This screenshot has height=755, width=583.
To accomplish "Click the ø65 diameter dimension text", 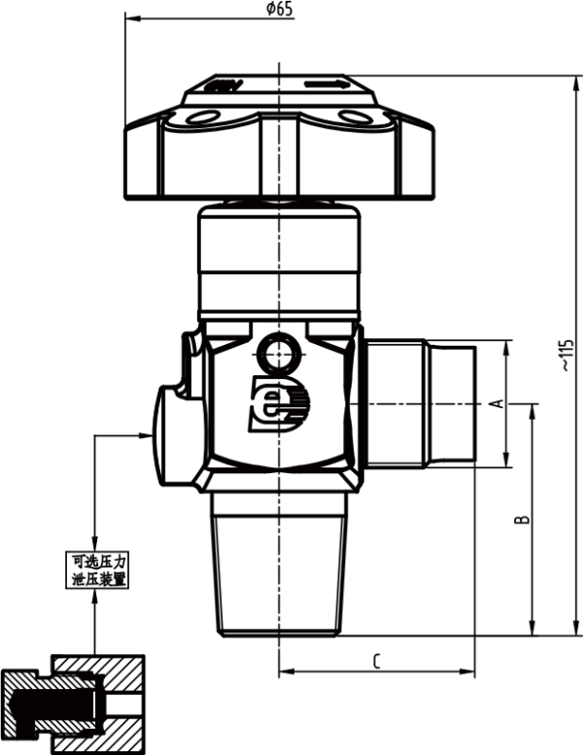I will [x=279, y=10].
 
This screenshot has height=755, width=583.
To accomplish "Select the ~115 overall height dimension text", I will [x=566, y=356].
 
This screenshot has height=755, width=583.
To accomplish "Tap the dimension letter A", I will [x=493, y=403].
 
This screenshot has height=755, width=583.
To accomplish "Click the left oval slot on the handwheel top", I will [x=205, y=118].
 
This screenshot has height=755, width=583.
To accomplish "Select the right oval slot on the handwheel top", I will [x=354, y=118].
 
